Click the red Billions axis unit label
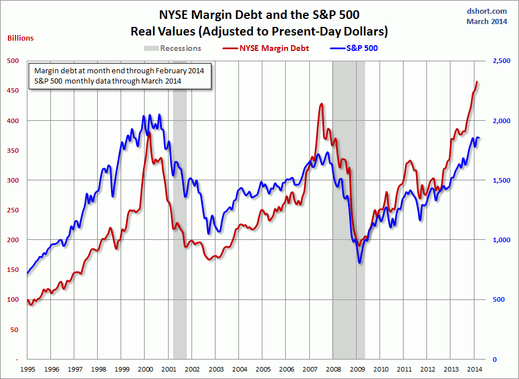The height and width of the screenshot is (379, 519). [x=21, y=38]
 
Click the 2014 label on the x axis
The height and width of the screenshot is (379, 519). [x=474, y=370]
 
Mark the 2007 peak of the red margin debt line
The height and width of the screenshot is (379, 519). [x=321, y=104]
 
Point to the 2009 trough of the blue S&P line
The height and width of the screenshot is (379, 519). [x=360, y=262]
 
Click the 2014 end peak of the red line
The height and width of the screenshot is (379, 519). [x=477, y=82]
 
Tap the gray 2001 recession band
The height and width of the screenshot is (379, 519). [x=179, y=229]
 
